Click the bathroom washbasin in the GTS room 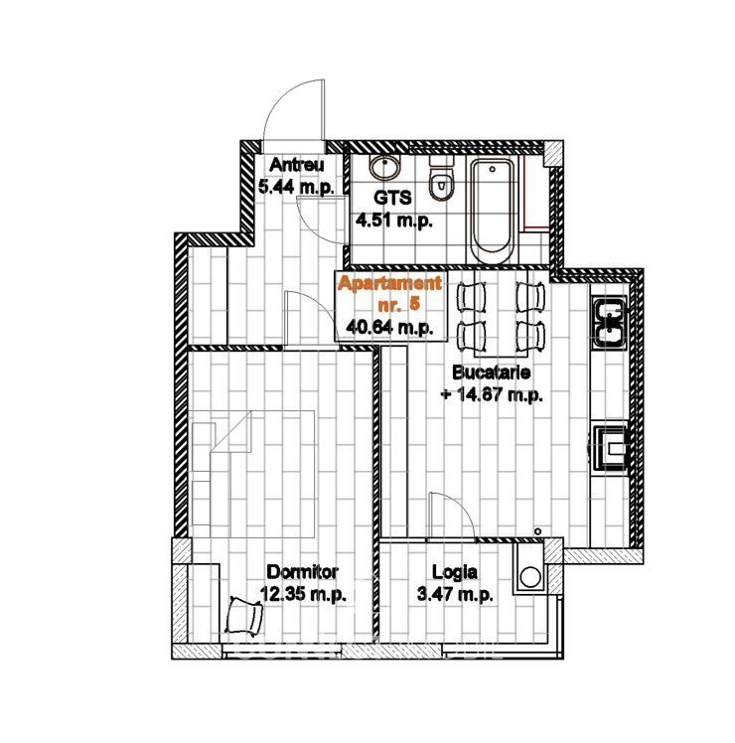(x=384, y=168)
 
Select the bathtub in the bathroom (x=491, y=212)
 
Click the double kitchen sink (x=610, y=322)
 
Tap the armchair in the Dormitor (x=244, y=615)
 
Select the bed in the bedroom (x=253, y=474)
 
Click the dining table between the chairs (x=501, y=314)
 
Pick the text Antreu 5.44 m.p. (x=296, y=176)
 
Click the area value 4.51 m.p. (x=393, y=221)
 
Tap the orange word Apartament (x=389, y=283)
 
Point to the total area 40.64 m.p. (x=389, y=327)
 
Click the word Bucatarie (x=492, y=372)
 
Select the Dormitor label (x=302, y=572)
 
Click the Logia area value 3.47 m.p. (x=455, y=594)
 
